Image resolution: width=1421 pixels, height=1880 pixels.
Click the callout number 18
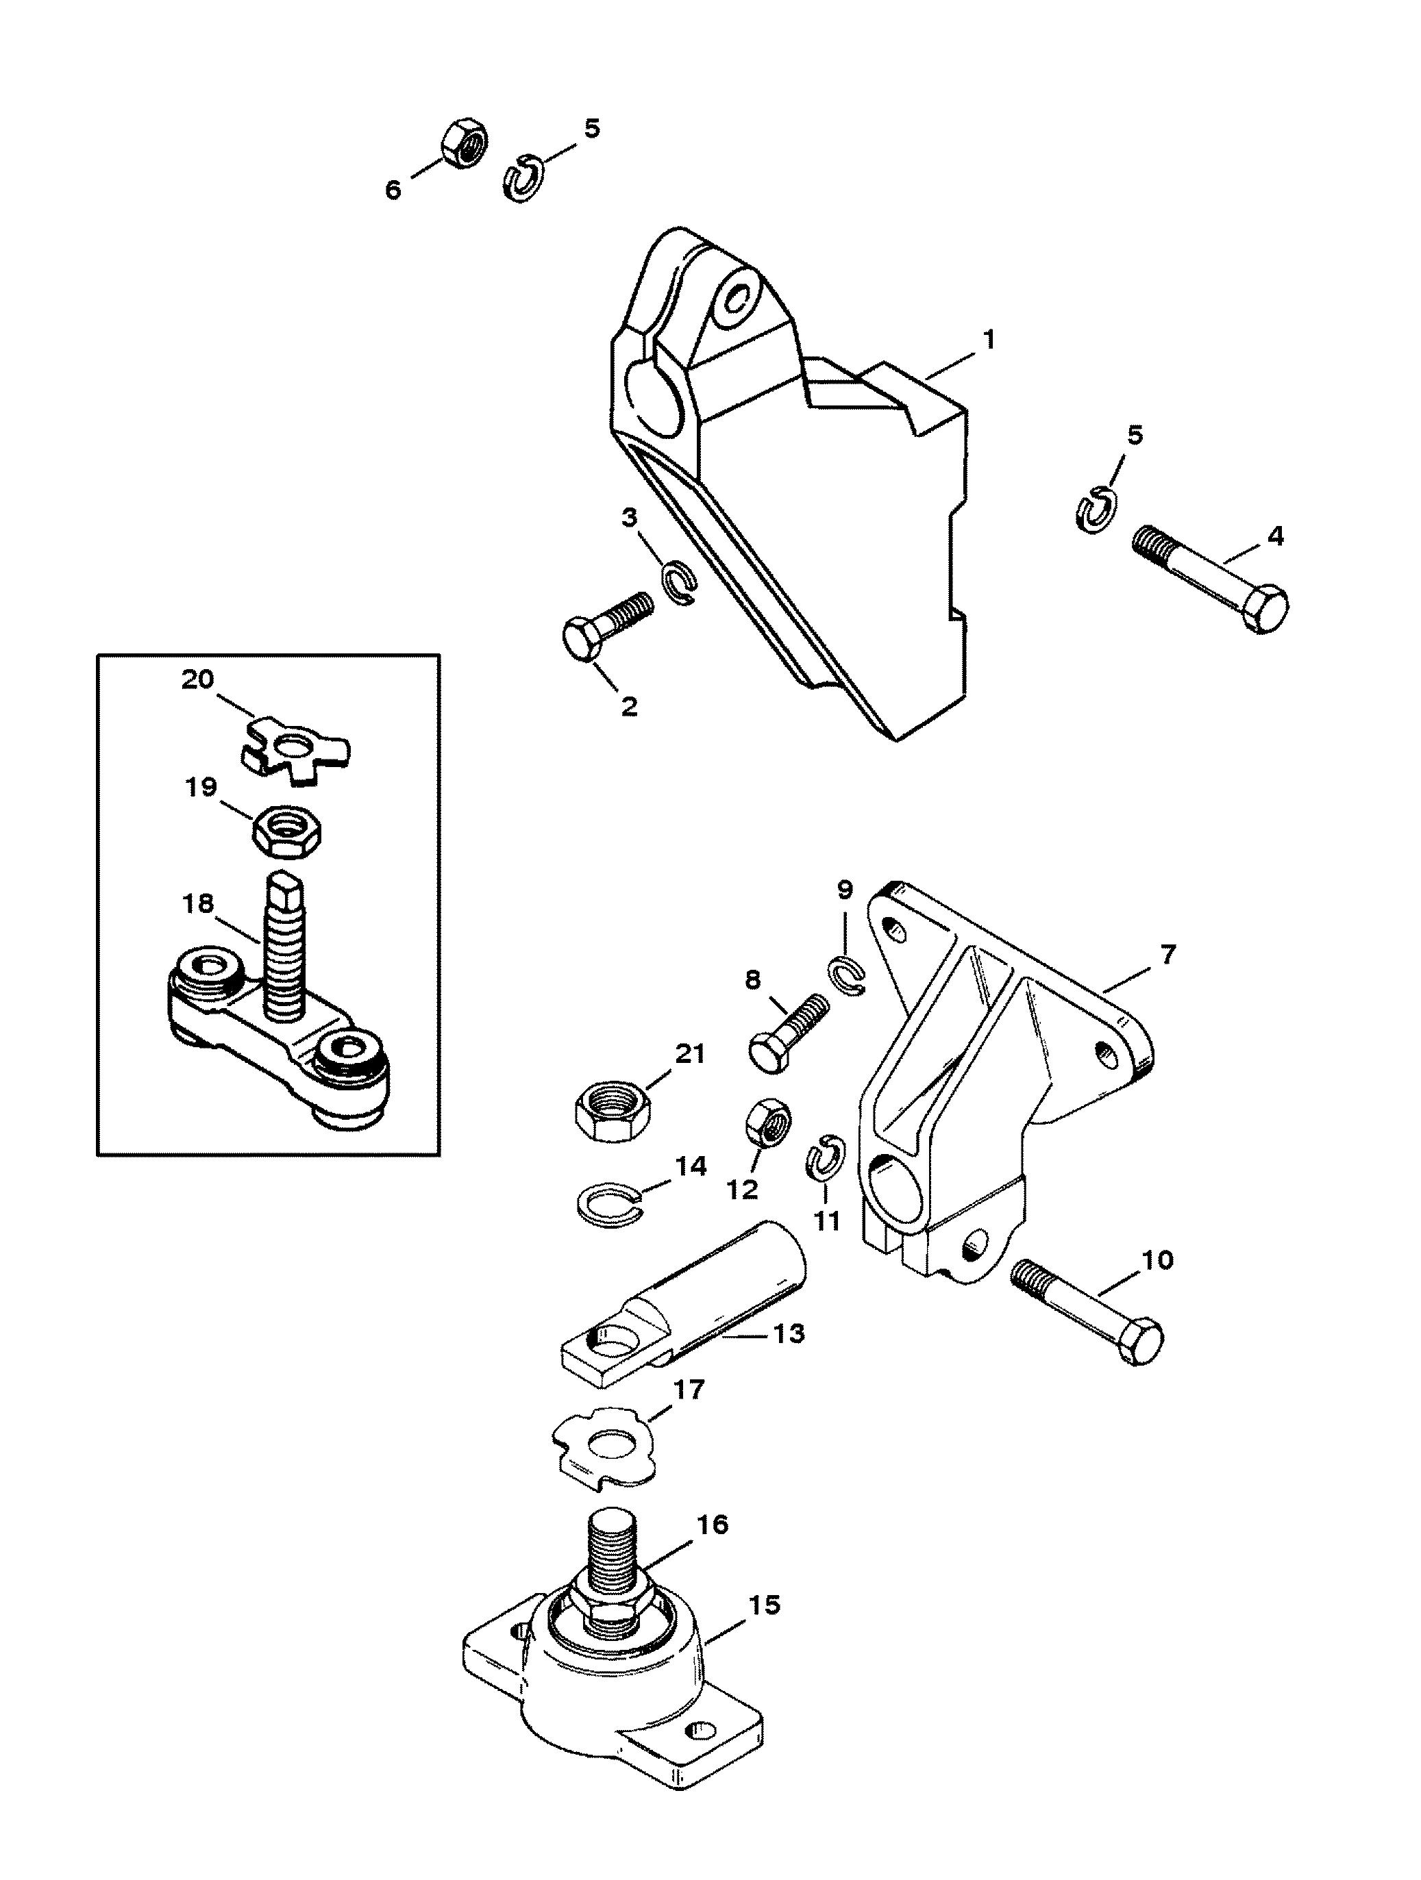click(x=199, y=903)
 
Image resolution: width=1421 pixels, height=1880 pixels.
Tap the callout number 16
click(x=712, y=1525)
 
